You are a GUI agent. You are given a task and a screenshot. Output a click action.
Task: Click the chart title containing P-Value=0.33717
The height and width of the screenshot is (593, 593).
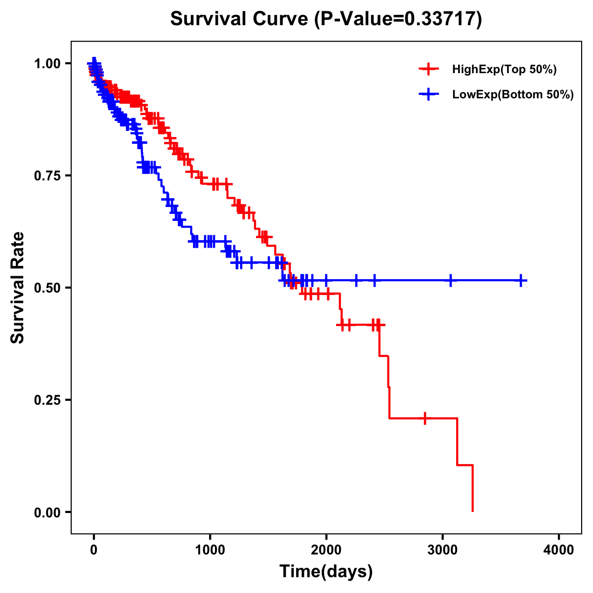tap(326, 19)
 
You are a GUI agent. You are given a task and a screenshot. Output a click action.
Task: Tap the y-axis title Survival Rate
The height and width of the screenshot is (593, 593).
tap(18, 287)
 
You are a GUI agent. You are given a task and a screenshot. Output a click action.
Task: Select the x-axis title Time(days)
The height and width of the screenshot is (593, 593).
tap(326, 571)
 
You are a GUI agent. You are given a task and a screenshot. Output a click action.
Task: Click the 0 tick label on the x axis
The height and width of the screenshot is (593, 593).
tap(94, 550)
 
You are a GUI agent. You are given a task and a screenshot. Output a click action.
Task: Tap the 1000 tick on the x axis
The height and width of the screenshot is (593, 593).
tap(210, 550)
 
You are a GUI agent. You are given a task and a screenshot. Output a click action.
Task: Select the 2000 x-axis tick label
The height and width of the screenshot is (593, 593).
tap(326, 550)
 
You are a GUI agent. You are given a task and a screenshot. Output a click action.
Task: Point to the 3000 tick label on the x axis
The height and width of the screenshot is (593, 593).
tap(443, 550)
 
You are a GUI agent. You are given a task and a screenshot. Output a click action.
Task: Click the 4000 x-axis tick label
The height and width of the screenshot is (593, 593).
tap(559, 550)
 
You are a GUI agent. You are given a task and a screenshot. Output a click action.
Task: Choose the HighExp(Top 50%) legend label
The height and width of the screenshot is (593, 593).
tap(505, 70)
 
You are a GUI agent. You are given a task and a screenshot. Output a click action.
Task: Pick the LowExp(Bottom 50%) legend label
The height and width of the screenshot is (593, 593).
tap(513, 95)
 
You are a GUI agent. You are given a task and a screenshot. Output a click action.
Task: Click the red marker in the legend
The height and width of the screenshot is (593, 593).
tap(428, 69)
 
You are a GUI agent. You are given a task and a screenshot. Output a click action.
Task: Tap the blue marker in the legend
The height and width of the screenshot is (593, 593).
tap(428, 94)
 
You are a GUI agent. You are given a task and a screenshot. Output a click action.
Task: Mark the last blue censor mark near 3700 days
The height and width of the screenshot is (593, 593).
tap(521, 280)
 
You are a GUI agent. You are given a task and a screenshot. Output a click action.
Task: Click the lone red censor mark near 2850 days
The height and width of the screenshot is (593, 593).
tap(424, 418)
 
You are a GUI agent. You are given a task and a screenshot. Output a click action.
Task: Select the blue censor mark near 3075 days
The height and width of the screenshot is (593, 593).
tap(451, 280)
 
